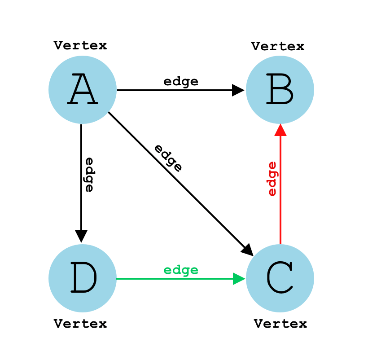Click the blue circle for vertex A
(82, 90)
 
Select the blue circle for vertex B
(280, 90)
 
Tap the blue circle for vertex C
(280, 278)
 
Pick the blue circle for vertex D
(82, 278)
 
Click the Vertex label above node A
(80, 45)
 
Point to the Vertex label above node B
(278, 46)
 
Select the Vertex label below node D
(80, 323)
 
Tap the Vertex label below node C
(280, 323)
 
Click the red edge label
(272, 178)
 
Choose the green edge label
(181, 270)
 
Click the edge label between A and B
(181, 81)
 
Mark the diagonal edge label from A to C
(168, 158)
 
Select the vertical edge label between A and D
(89, 175)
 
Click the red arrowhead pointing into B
(280, 130)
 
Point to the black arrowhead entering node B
(238, 90)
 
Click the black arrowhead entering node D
(81, 237)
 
